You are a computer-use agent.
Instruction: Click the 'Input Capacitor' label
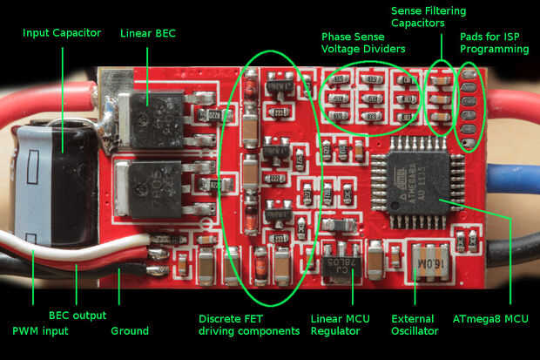[62, 33]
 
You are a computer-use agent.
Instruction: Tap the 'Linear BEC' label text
[148, 33]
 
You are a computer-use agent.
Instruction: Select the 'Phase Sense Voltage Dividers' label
[363, 44]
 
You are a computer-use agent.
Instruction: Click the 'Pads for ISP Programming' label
[494, 42]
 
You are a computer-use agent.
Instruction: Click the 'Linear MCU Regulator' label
[334, 325]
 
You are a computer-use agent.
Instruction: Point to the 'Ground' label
[130, 331]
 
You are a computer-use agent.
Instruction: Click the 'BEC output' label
[77, 316]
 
